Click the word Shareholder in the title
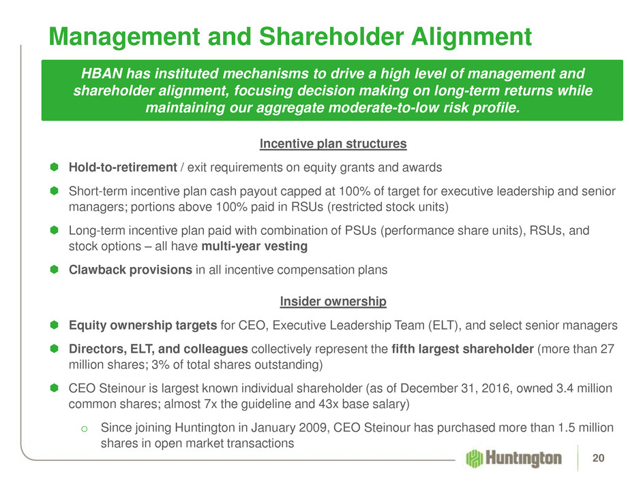coord(331,36)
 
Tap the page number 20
coord(598,458)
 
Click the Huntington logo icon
coord(475,458)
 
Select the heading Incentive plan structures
coord(333,144)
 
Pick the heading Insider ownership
coord(333,301)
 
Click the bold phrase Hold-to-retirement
coord(123,167)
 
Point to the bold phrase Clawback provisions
coord(130,270)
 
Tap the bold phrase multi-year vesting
coord(254,246)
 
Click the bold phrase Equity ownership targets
coord(143,325)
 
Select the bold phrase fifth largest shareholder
coord(462,349)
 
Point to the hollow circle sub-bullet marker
coord(85,428)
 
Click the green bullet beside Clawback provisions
coord(55,270)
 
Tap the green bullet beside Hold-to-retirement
coord(55,167)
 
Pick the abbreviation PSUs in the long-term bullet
coord(361,231)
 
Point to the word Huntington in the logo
coord(524,458)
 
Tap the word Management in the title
coord(124,36)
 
